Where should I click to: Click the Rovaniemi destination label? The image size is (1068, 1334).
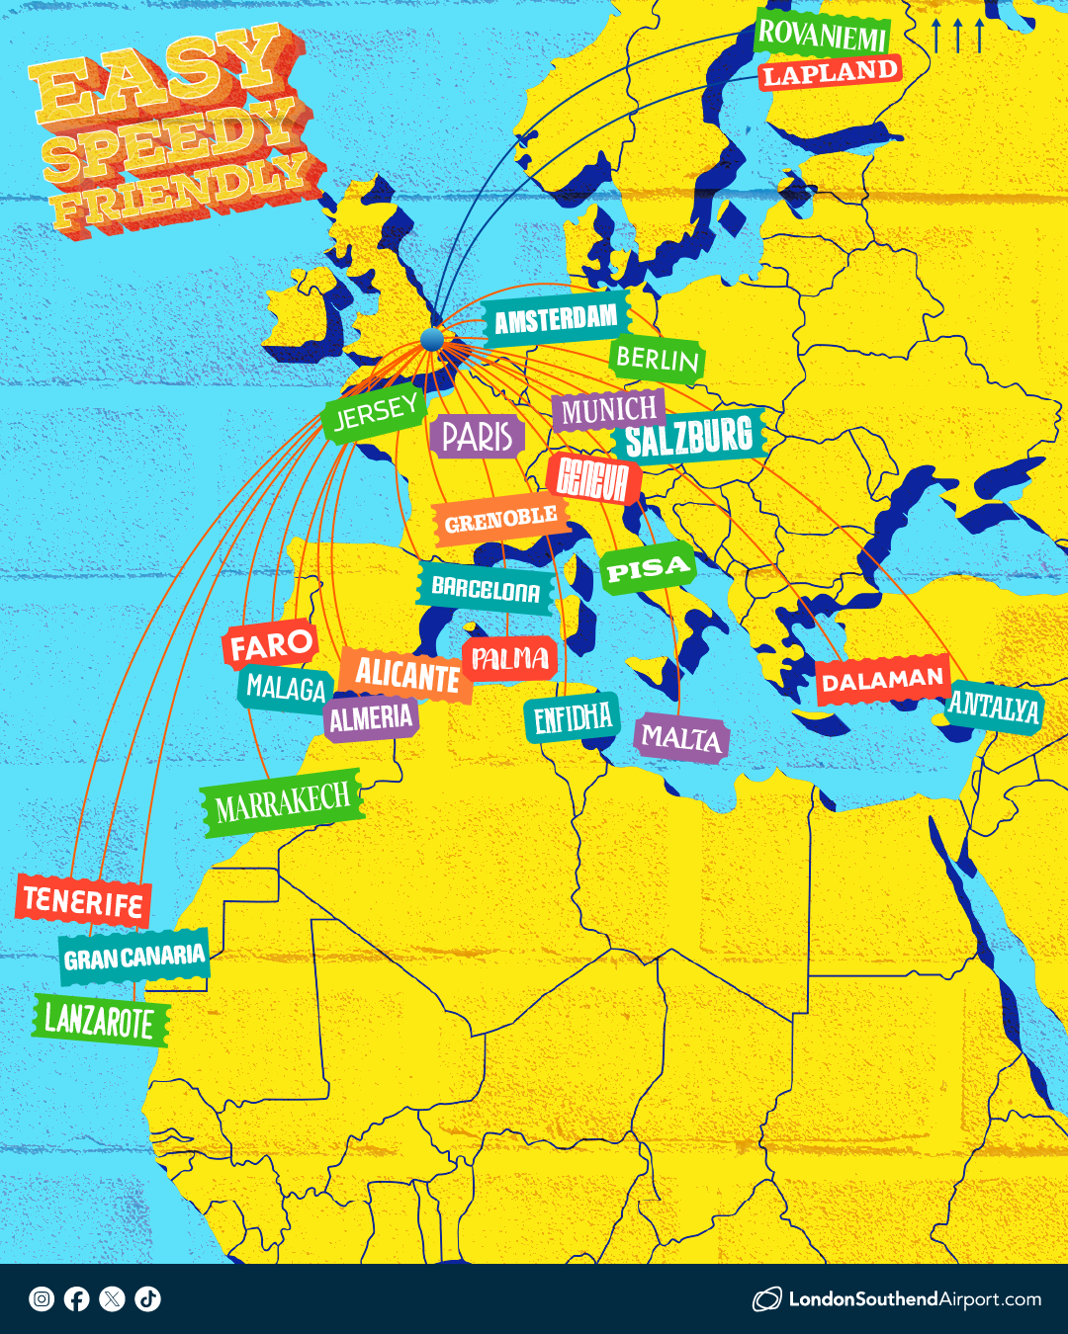(823, 36)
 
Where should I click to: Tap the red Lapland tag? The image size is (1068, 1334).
(830, 73)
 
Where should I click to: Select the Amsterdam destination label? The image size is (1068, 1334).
(556, 320)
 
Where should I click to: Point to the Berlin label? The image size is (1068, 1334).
(657, 358)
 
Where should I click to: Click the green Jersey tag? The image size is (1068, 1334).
(375, 413)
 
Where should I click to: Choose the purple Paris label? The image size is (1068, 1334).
(477, 436)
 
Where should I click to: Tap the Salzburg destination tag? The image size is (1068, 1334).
(688, 437)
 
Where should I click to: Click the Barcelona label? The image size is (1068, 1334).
(486, 590)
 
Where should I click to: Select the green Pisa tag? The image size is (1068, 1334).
(648, 570)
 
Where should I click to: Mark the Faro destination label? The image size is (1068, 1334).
(271, 645)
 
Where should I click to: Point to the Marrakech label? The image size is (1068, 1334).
(283, 803)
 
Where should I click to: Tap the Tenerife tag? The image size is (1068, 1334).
(84, 901)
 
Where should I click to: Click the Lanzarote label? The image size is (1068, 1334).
(100, 1020)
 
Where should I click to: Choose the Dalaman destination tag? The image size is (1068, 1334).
(882, 680)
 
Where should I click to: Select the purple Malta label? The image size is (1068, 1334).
(680, 737)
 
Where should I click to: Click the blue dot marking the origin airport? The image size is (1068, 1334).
(432, 340)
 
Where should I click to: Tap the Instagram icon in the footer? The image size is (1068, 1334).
(42, 1298)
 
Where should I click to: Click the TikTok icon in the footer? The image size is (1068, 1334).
(148, 1298)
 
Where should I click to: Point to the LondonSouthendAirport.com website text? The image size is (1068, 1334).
(914, 1299)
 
